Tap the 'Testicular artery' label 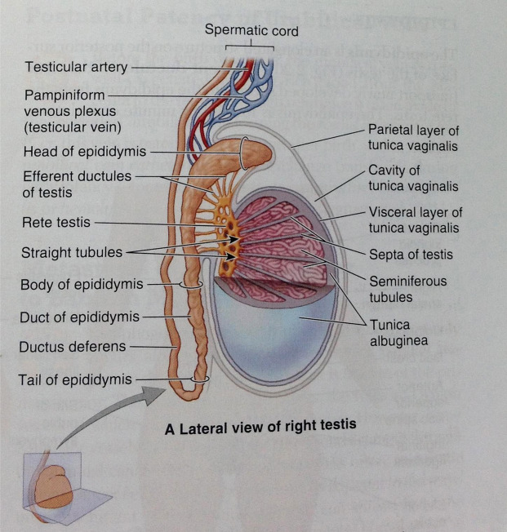tap(75, 67)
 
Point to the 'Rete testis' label tap(56, 221)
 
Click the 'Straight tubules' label tap(72, 253)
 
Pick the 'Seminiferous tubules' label tap(407, 289)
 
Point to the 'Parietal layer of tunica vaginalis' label tap(413, 138)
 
